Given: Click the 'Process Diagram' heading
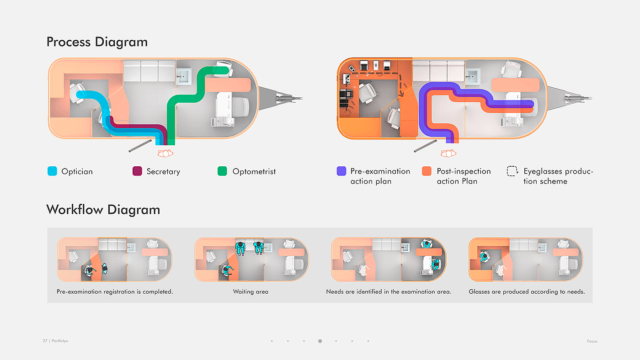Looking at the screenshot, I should point(97,42).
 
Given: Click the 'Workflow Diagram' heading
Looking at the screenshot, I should point(103,210).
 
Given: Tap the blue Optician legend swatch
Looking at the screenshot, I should point(53,172).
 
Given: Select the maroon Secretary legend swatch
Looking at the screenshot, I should point(137,172).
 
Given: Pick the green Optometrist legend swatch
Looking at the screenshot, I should point(223,172).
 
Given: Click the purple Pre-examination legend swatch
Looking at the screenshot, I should point(341,171).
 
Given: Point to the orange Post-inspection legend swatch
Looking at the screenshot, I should point(427,171).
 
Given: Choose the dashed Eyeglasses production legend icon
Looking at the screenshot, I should point(512,171).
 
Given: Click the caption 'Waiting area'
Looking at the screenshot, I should point(251,291).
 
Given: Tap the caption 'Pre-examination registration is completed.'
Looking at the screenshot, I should point(115,291).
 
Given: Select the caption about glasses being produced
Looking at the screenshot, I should point(527,291).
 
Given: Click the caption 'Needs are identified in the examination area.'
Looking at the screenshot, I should point(389,291).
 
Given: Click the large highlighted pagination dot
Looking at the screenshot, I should point(320,341).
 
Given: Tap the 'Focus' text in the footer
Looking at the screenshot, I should point(592,341).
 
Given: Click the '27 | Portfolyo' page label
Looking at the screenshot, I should point(55,341).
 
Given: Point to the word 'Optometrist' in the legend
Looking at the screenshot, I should point(254,172).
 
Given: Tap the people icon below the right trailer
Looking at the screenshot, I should point(449,153).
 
